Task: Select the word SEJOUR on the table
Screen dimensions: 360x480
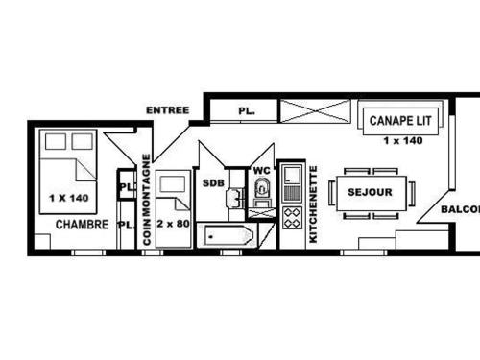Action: [x=370, y=192]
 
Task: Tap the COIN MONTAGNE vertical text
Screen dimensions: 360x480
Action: [x=147, y=200]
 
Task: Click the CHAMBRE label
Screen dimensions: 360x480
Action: [x=81, y=226]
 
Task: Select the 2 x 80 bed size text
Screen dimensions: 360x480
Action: [x=174, y=223]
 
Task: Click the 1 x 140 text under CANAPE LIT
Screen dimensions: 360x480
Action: [x=403, y=141]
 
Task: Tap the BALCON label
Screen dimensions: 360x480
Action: [x=460, y=209]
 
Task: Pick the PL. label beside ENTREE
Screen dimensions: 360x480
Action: [x=246, y=112]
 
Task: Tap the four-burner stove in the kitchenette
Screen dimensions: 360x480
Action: [x=292, y=217]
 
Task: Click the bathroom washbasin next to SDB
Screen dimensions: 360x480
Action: [x=233, y=199]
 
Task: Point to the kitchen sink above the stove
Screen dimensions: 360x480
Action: [x=292, y=179]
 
